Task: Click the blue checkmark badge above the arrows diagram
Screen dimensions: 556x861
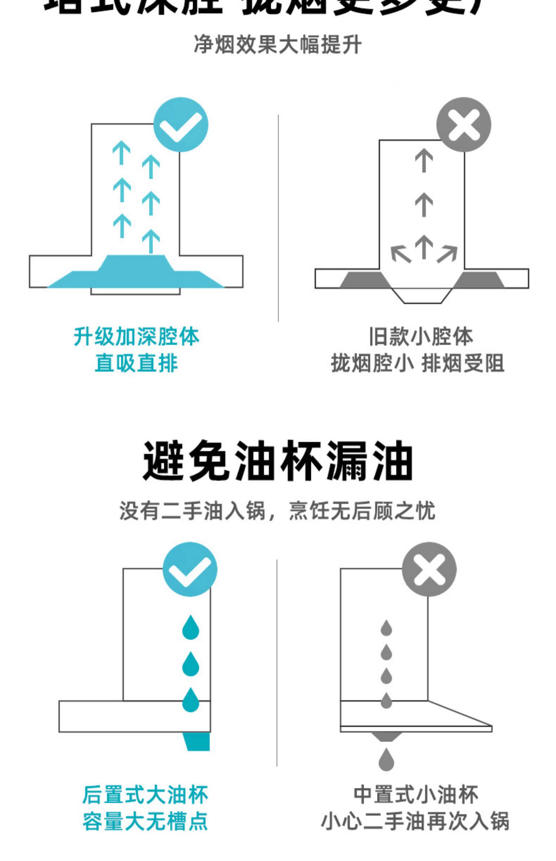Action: (181, 125)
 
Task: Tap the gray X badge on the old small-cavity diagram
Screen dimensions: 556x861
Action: (463, 125)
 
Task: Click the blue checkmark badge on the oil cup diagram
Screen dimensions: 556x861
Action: (190, 569)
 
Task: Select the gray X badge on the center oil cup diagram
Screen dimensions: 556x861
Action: (429, 569)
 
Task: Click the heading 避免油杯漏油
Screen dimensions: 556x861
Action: (278, 461)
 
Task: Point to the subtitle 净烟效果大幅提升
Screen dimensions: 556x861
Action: (278, 45)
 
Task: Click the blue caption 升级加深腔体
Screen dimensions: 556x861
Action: (136, 337)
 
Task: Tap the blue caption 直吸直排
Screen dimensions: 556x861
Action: (136, 363)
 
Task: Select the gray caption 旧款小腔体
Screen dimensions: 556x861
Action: (421, 337)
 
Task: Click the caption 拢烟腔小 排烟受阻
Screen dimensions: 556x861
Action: (417, 363)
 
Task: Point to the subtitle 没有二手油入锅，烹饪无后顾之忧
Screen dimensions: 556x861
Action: (277, 511)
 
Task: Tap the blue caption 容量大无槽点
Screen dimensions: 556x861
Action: (145, 821)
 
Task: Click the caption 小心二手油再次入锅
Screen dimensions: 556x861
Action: (415, 821)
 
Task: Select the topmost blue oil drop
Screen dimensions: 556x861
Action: (191, 627)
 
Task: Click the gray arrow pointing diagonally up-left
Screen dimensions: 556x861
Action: (400, 254)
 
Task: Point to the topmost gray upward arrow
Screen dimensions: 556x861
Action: (424, 160)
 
